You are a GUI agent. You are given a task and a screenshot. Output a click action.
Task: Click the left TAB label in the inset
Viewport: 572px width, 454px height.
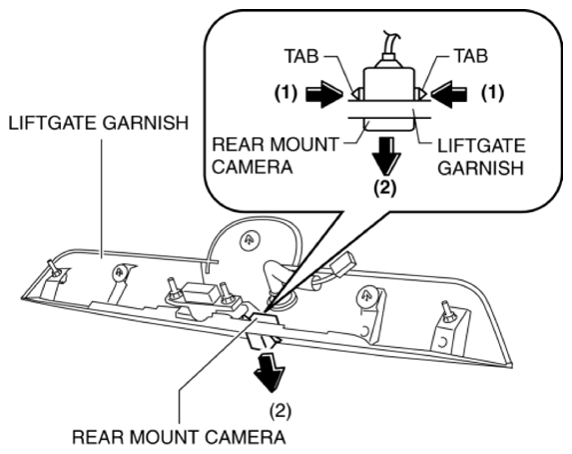pyautogui.click(x=301, y=57)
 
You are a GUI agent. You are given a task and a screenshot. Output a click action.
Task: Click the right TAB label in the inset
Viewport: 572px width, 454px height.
pyautogui.click(x=471, y=57)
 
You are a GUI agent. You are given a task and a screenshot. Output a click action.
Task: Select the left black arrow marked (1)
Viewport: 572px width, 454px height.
pyautogui.click(x=324, y=94)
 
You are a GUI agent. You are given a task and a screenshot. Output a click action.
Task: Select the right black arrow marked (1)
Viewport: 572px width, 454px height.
pyautogui.click(x=449, y=94)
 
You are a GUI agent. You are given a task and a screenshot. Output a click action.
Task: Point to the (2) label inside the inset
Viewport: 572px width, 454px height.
pyautogui.click(x=385, y=188)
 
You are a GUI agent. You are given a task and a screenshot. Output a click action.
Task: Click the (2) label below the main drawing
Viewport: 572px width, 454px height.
pyautogui.click(x=281, y=412)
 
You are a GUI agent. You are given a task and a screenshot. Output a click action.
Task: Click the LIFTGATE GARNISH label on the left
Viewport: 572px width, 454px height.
pyautogui.click(x=99, y=123)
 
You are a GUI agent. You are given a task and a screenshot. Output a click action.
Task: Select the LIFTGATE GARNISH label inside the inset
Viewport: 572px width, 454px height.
pyautogui.click(x=481, y=157)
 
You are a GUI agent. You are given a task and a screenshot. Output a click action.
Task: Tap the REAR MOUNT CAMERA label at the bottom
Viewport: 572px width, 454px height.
pyautogui.click(x=179, y=438)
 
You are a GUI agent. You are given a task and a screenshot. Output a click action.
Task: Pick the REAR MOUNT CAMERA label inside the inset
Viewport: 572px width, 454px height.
pyautogui.click(x=276, y=156)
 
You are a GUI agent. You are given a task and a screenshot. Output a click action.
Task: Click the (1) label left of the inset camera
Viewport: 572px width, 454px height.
pyautogui.click(x=286, y=93)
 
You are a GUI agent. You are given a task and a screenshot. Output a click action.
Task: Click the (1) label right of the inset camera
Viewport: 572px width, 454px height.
pyautogui.click(x=492, y=93)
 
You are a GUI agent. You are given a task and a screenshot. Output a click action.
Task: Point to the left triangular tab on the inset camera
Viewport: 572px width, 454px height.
pyautogui.click(x=357, y=94)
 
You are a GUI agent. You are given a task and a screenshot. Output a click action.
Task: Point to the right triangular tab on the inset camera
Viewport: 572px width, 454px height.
pyautogui.click(x=420, y=94)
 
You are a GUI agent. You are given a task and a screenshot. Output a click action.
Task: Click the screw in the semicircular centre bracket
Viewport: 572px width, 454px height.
pyautogui.click(x=250, y=240)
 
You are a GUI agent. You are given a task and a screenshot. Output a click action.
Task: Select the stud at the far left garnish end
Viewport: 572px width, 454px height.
pyautogui.click(x=55, y=270)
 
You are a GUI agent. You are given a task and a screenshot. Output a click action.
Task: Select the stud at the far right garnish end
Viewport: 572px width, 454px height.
pyautogui.click(x=447, y=312)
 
